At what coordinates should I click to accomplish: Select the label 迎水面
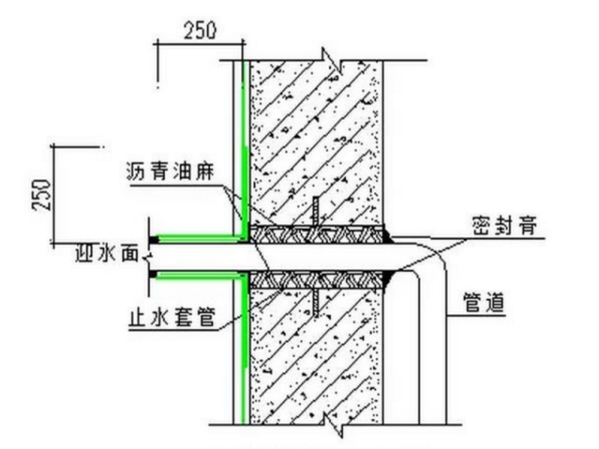coord(107,254)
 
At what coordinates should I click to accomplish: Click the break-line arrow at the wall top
coord(330,58)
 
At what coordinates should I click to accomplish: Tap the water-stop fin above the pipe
coord(314,210)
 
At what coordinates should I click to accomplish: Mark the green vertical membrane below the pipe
coord(242,354)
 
